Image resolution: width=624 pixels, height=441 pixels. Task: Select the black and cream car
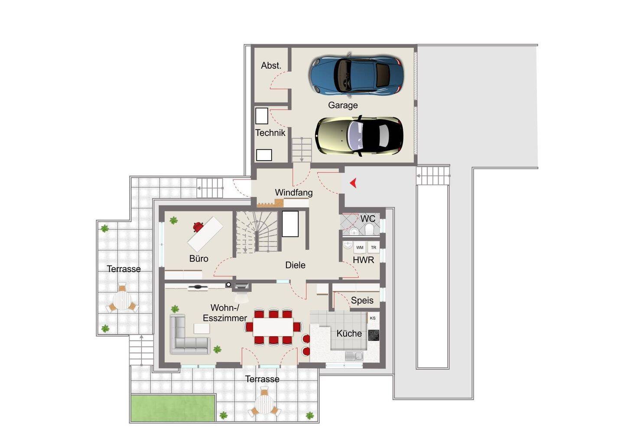359,136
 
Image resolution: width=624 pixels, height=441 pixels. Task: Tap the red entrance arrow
353,183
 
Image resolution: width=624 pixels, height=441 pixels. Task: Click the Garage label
343,105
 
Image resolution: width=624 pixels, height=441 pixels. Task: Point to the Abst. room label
271,65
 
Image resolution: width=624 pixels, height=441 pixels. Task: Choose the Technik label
270,133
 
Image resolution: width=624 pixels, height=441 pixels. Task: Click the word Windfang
294,192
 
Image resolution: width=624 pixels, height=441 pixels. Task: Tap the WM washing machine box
360,247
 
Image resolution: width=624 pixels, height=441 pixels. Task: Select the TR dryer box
374,247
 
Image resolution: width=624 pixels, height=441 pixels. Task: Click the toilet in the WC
369,230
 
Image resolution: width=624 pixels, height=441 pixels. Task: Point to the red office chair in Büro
198,227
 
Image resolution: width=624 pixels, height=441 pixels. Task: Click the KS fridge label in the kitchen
373,318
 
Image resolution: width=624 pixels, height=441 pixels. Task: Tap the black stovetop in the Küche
374,335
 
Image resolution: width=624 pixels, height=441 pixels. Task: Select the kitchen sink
354,356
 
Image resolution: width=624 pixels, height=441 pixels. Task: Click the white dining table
273,327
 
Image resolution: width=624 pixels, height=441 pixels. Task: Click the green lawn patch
173,408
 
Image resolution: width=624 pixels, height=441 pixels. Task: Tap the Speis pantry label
362,300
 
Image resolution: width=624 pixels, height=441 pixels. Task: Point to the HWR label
363,260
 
